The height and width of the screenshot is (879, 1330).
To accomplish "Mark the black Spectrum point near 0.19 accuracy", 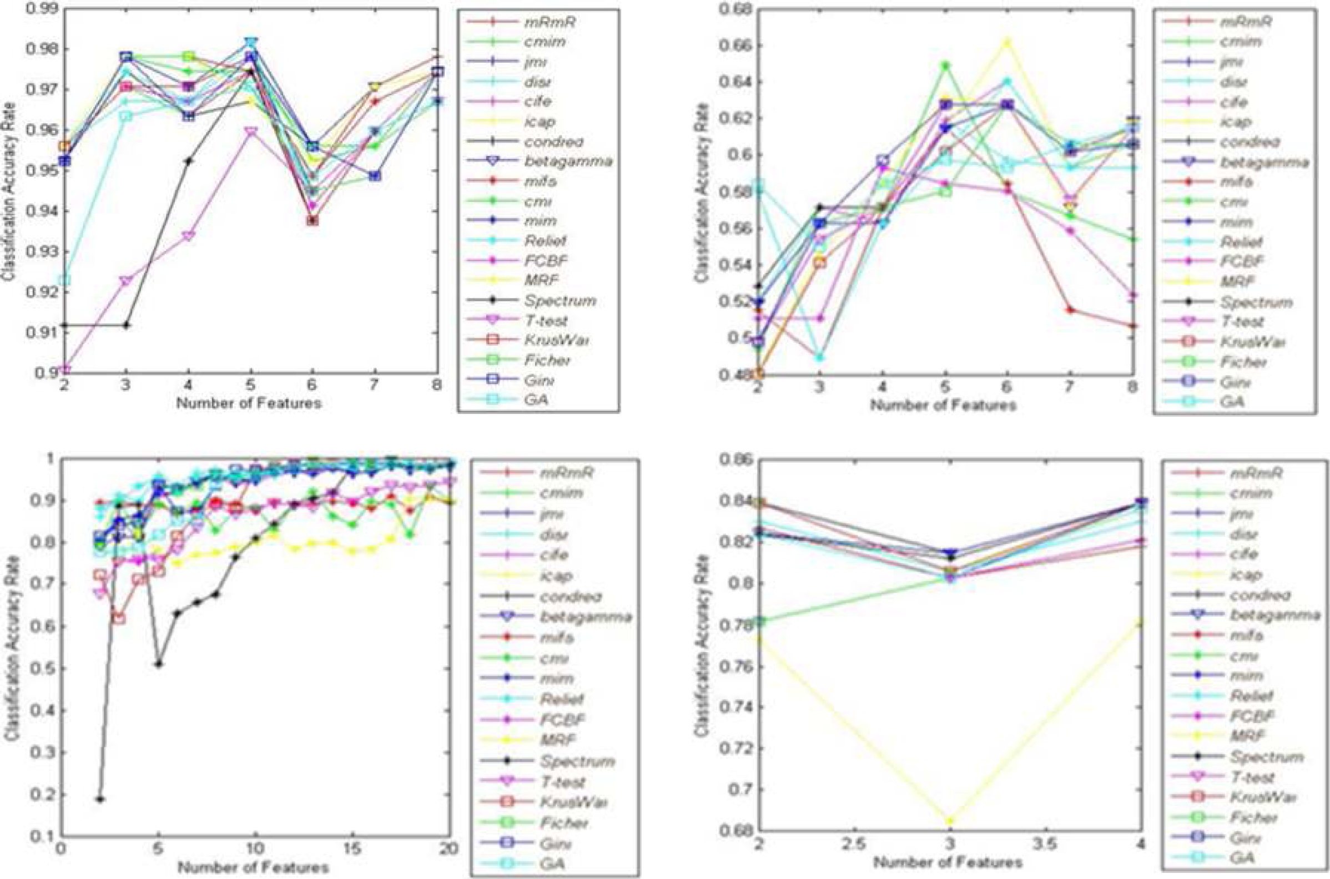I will point(100,799).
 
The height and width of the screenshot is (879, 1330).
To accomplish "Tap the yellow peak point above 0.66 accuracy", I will point(1007,42).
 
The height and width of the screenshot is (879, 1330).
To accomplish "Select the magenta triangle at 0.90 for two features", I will point(64,369).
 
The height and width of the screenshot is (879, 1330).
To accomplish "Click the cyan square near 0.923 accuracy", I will point(64,279).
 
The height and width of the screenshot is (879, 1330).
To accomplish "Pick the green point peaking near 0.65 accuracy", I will point(945,66).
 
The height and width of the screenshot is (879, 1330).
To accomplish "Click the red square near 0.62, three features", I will point(119,618).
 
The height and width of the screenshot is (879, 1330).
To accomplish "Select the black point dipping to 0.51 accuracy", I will point(159,664).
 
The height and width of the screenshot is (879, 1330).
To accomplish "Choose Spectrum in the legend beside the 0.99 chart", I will point(560,300).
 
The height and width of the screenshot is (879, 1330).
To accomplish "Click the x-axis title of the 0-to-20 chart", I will point(254,867).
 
